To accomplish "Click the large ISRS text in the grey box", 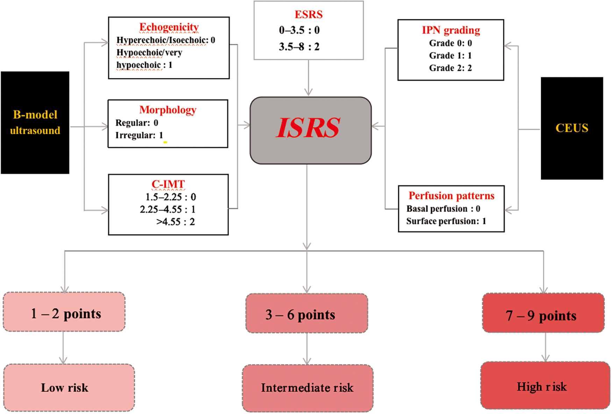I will click(308, 128).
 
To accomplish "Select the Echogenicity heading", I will click(169, 27).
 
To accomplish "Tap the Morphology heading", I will click(168, 110).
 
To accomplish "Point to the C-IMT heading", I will click(168, 184).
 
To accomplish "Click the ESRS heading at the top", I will click(308, 14).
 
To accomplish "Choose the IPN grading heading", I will click(451, 30).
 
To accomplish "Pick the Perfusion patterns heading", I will click(451, 196).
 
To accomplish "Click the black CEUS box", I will click(572, 128).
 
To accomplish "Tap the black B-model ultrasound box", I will click(35, 123).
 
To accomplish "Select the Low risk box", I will click(69, 387).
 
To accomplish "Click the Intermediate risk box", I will click(307, 388).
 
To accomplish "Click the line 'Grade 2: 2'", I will click(450, 68).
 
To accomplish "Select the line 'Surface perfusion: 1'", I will click(446, 221).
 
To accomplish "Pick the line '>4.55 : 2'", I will click(176, 222).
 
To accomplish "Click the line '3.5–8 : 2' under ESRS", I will click(299, 47).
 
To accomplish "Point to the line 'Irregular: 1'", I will click(139, 136).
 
